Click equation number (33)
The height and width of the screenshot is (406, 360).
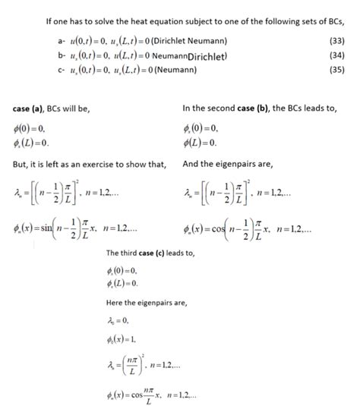coord(334,39)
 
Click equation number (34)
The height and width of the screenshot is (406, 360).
coord(334,55)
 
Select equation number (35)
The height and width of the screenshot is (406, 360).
coord(334,71)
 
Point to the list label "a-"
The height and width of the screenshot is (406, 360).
coord(51,39)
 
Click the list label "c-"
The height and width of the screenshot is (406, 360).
coord(51,71)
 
